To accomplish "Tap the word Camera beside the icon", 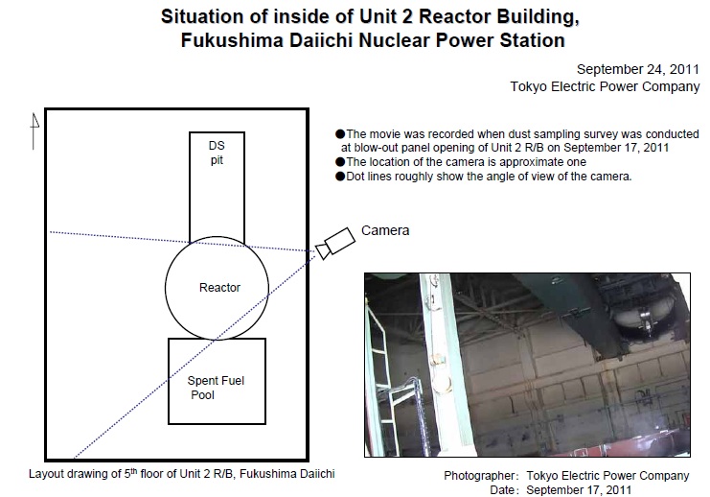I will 385,230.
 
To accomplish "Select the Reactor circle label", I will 219,288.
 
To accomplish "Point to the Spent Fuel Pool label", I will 216,388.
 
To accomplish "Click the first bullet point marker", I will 339,134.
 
